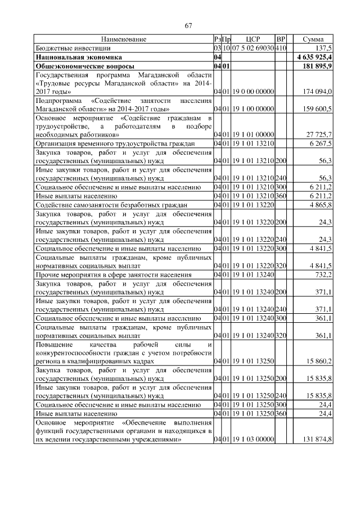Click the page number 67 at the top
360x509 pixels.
click(189, 25)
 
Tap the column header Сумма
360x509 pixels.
click(313, 39)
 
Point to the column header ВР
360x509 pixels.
click(282, 39)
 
